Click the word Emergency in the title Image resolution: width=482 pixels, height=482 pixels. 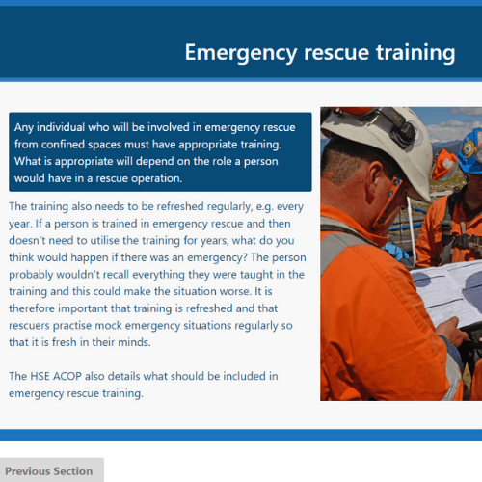coord(241,53)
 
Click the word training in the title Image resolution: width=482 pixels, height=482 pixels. coord(415,53)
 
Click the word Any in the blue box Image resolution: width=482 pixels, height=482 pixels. coord(23,128)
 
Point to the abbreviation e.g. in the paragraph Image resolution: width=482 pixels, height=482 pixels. coord(264,207)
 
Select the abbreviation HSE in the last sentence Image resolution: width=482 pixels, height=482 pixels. coord(40,376)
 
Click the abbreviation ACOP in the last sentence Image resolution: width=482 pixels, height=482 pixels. coord(67,376)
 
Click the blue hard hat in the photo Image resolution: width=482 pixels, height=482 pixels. coord(470,151)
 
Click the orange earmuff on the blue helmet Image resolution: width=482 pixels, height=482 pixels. coord(444,165)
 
